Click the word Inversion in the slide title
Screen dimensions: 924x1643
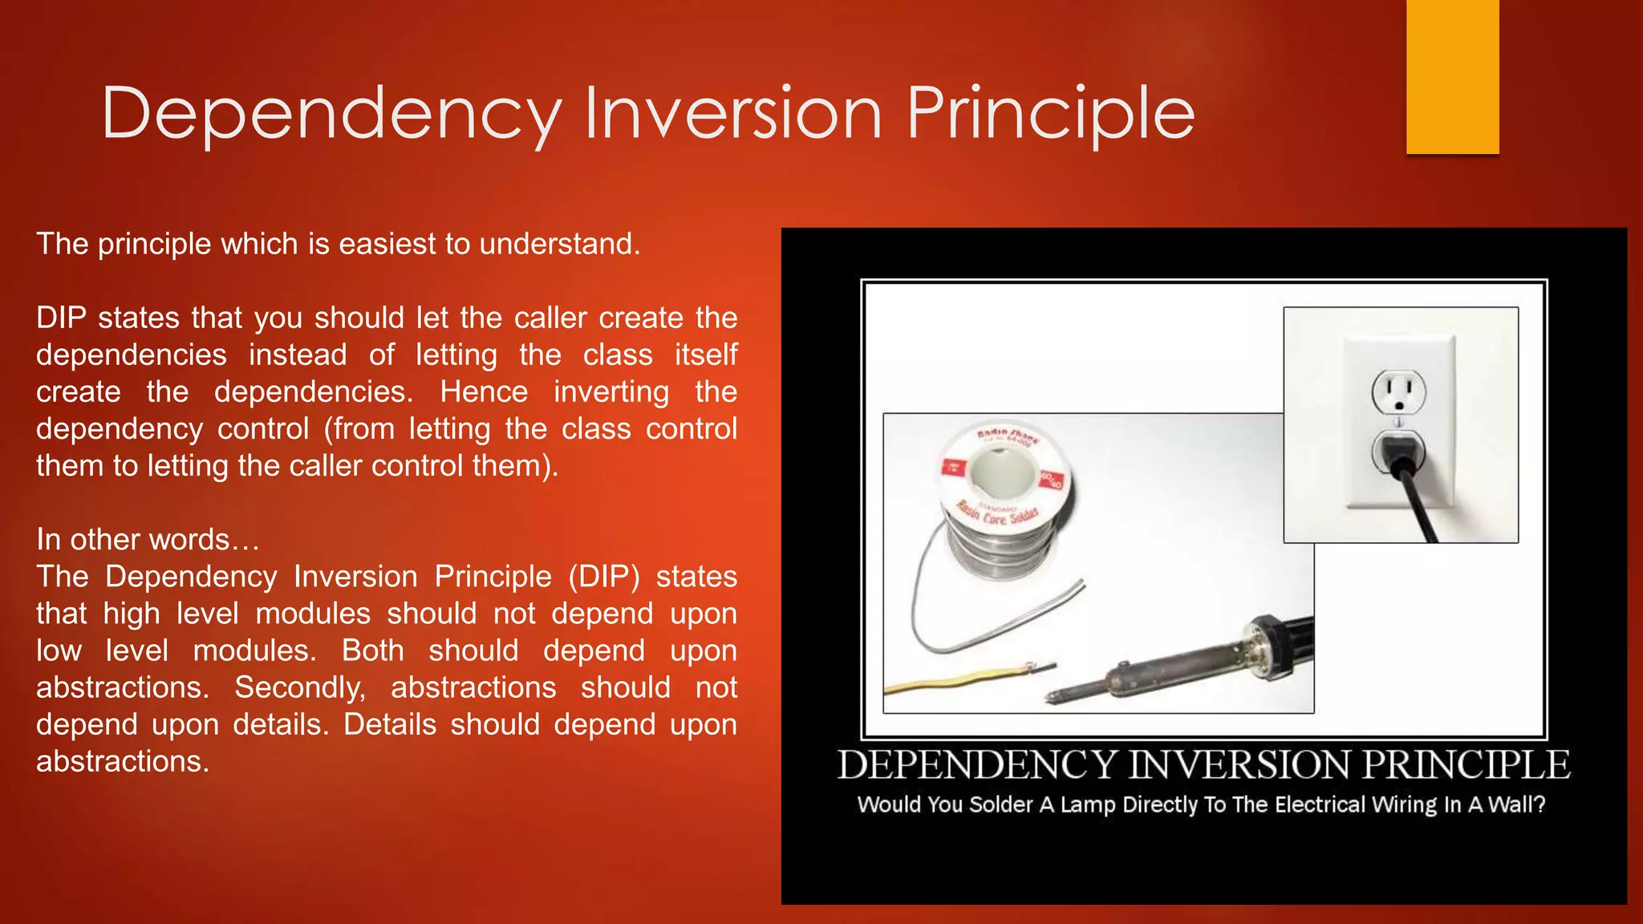click(x=732, y=114)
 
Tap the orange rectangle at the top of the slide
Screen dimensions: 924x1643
click(x=1452, y=76)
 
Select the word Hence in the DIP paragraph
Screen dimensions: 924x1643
click(x=484, y=392)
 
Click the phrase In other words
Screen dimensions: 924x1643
click(x=148, y=540)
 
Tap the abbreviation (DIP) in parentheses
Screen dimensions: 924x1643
click(x=604, y=577)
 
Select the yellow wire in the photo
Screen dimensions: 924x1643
click(x=947, y=682)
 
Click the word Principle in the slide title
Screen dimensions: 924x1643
click(x=1050, y=114)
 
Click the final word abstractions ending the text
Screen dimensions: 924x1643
click(x=122, y=762)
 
